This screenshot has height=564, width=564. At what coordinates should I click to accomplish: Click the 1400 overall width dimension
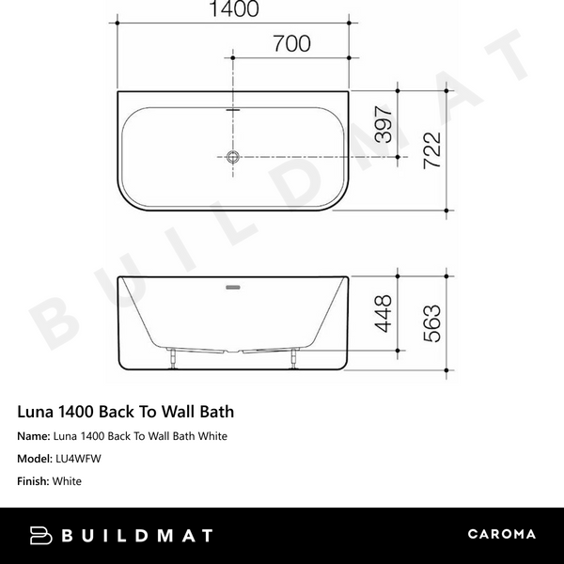coord(231,10)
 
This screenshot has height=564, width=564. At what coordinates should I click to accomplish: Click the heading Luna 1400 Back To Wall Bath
coord(126,412)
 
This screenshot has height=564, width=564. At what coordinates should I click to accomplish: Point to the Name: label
coord(34,436)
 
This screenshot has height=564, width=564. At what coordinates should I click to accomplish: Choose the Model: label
coord(36,459)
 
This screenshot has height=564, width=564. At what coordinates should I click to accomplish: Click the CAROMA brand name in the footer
coord(501,535)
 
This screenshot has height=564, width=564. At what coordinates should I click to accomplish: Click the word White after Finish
coord(68,481)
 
